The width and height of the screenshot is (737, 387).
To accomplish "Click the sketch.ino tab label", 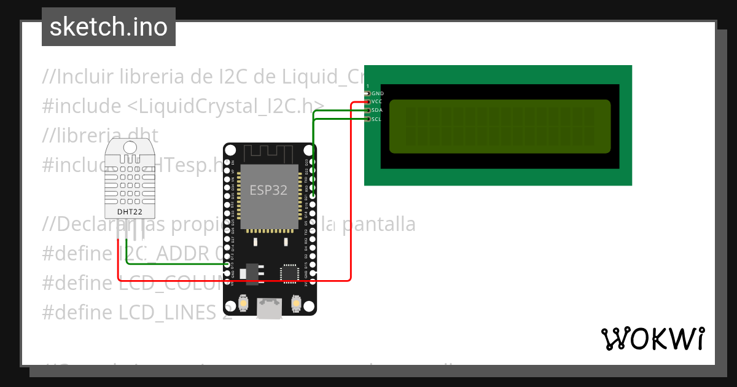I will click(109, 27).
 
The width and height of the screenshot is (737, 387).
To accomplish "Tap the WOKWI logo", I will click(652, 338).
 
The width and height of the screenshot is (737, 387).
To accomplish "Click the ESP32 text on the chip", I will click(268, 190).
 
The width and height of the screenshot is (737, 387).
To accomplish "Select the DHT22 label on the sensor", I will click(130, 213).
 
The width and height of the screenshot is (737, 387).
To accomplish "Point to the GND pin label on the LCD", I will click(378, 93).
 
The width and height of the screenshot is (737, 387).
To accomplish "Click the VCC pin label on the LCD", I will click(377, 101).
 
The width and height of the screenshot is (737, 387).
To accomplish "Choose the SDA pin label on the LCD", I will click(377, 110).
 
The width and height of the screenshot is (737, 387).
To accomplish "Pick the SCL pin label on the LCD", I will click(376, 119).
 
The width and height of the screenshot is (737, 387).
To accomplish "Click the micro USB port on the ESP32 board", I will click(270, 308).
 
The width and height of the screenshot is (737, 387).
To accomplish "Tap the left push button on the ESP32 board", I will click(244, 303).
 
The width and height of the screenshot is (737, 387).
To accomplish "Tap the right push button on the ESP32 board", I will click(296, 303).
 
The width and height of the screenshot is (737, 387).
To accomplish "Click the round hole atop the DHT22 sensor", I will click(130, 147).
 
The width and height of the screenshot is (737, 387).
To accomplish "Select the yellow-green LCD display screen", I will click(500, 126).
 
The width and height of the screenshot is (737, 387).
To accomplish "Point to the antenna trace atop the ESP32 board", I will click(270, 153).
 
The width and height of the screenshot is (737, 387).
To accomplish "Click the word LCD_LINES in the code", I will click(165, 313).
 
